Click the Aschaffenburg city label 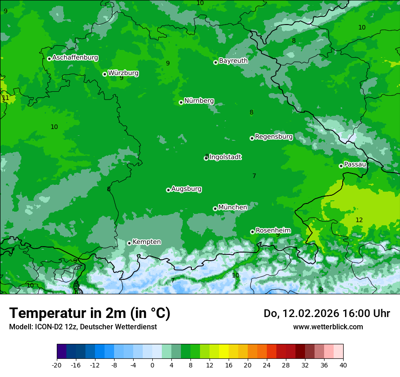(x=75, y=58)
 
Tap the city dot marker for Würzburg (x=105, y=74)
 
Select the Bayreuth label (x=233, y=60)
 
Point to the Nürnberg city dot (x=181, y=102)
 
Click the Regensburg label (x=274, y=136)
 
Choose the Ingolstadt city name (x=225, y=157)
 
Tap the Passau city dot (x=341, y=166)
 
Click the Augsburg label (x=186, y=188)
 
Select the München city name (x=233, y=207)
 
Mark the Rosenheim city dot (x=252, y=232)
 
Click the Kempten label (x=146, y=242)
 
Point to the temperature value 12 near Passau (x=359, y=220)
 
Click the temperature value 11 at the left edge (x=5, y=98)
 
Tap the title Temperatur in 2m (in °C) (x=90, y=313)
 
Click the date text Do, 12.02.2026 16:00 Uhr (x=326, y=313)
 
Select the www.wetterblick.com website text (x=328, y=327)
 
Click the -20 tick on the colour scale (x=57, y=365)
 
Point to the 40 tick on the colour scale (x=343, y=365)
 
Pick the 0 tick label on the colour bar (x=152, y=365)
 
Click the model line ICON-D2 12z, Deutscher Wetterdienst (x=83, y=327)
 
